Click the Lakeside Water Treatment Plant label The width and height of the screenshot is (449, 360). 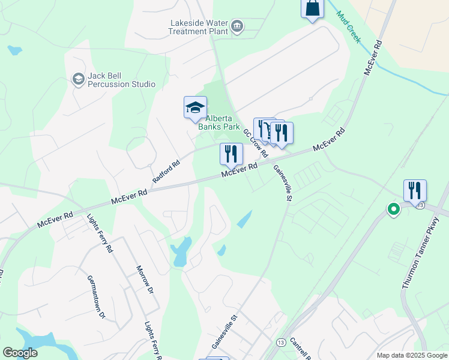tap(199, 27)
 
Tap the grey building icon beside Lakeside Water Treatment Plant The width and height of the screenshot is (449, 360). tap(237, 26)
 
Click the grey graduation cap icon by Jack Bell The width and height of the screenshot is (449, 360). tap(78, 79)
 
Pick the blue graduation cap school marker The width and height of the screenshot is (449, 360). tap(195, 107)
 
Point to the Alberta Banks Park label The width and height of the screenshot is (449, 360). tap(219, 122)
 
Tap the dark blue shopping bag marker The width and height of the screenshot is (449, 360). tap(312, 8)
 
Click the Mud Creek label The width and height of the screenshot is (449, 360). tap(348, 27)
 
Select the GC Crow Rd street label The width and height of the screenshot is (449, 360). tap(255, 143)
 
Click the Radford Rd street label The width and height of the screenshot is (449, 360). tap(166, 172)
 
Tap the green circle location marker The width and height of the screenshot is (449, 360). tap(394, 209)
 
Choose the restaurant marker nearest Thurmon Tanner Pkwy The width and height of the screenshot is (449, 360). tap(415, 191)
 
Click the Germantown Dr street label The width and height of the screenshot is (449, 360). tap(96, 297)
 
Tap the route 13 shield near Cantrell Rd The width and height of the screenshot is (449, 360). tap(281, 342)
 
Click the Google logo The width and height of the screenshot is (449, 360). tap(20, 353)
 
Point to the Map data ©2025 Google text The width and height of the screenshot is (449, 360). tap(412, 355)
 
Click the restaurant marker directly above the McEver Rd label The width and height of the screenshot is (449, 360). tap(231, 154)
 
